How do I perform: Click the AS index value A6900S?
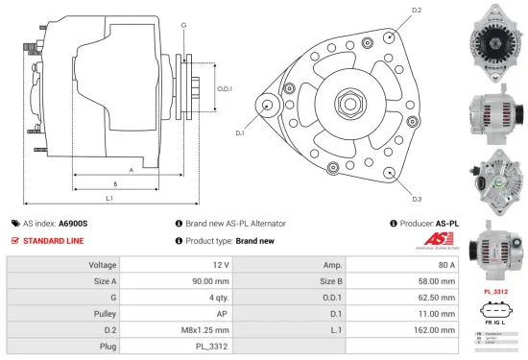pos(73,223)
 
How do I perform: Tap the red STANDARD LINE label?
pos(53,241)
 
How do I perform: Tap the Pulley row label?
pos(103,312)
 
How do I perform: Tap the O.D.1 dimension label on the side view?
pos(224,87)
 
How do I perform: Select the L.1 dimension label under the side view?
pos(110,198)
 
